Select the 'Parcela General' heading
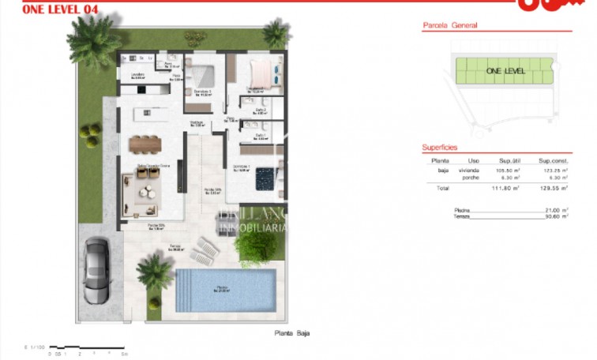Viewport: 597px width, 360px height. click(450, 25)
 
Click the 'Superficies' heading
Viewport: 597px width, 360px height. click(440, 148)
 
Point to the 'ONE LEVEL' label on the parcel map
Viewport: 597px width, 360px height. click(505, 71)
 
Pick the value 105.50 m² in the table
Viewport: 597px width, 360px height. click(505, 170)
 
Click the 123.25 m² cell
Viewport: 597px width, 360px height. click(553, 170)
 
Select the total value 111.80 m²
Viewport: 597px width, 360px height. click(505, 189)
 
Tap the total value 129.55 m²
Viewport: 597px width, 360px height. click(553, 189)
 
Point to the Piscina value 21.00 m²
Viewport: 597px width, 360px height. click(556, 209)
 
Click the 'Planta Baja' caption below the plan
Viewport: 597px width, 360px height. click(291, 333)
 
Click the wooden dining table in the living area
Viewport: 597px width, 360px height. click(145, 143)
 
